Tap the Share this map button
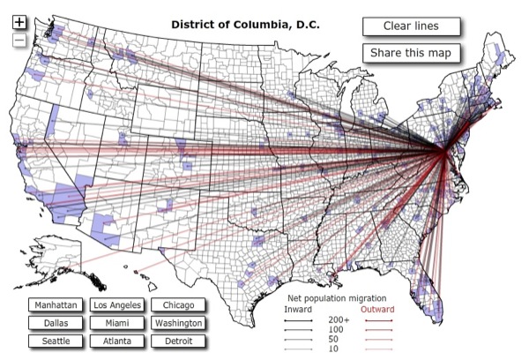pos(410,52)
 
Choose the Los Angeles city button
pos(116,305)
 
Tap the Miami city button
pos(116,323)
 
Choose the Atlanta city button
pos(116,341)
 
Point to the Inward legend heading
pos(298,309)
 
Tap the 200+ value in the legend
pos(339,319)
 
